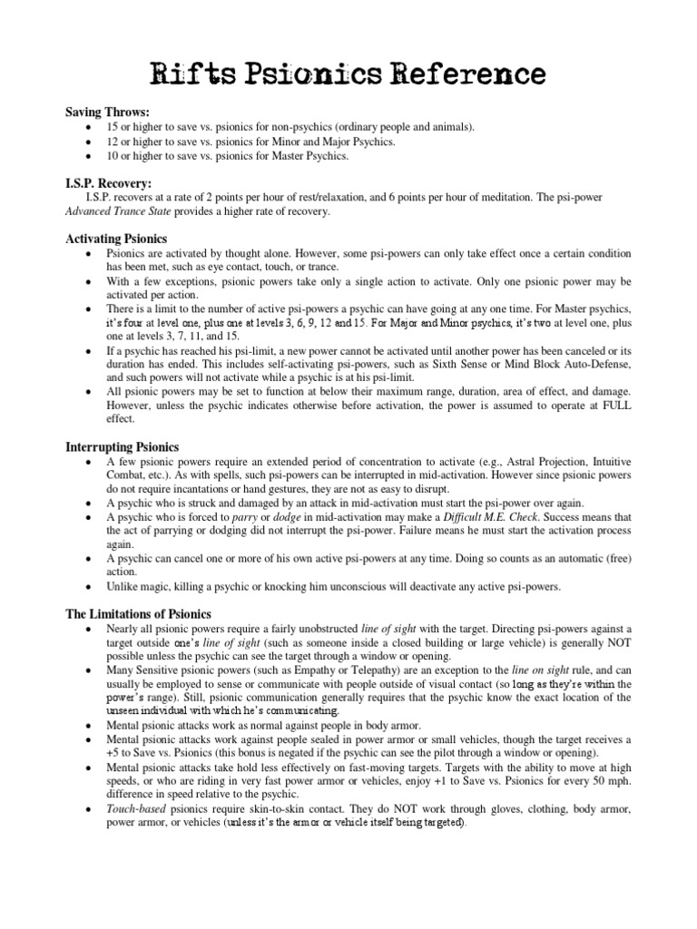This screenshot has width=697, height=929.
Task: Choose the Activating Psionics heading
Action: pos(116,238)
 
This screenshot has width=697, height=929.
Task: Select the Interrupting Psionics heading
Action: pos(123,447)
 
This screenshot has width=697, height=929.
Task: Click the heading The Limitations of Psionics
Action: pos(138,614)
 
